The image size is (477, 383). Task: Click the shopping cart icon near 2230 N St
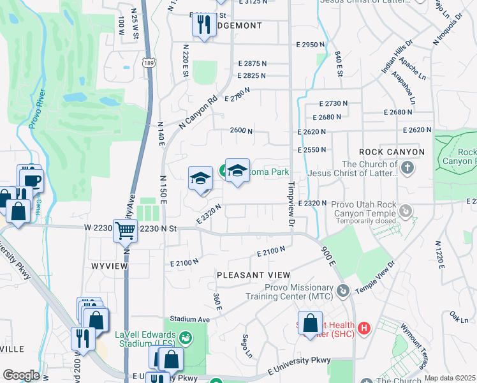[126, 231]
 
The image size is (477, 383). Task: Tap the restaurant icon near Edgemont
[203, 26]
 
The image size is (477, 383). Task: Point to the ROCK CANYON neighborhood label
[392, 152]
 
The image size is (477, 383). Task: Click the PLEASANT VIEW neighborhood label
[254, 275]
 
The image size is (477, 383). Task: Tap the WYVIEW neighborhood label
[106, 265]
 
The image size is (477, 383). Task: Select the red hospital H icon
[364, 329]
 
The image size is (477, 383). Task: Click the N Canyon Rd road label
[199, 114]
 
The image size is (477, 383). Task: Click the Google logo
[21, 375]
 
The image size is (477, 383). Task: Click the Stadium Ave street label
[189, 319]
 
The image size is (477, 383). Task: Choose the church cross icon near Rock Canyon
[407, 168]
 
